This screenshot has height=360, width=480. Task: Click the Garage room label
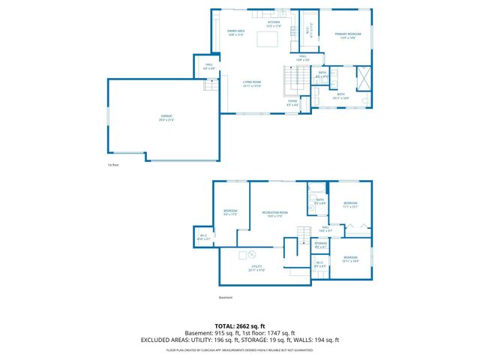click(x=166, y=118)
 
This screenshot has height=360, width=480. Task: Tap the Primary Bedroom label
click(x=348, y=35)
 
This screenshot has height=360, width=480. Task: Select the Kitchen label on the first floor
click(x=273, y=24)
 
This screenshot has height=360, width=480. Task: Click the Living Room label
click(x=251, y=83)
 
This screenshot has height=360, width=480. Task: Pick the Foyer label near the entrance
click(x=292, y=103)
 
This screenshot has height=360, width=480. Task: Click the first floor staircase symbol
click(x=293, y=77)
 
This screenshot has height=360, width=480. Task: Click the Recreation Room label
click(x=272, y=215)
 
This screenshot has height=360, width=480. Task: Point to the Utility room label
click(x=256, y=268)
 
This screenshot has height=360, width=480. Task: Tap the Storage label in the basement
click(x=320, y=244)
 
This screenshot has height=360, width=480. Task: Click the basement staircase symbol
click(x=303, y=232)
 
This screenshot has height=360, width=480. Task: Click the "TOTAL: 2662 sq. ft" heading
click(x=239, y=326)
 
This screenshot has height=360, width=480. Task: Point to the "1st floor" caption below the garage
click(x=113, y=164)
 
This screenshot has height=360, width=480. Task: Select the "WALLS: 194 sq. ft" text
click(x=317, y=340)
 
